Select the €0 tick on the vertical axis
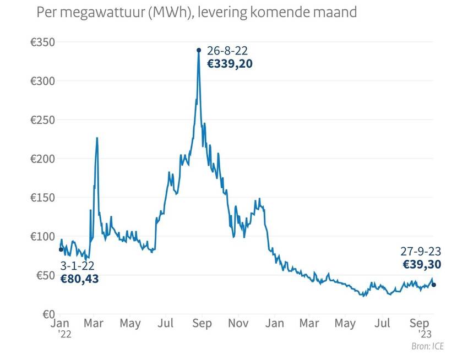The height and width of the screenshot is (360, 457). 46,314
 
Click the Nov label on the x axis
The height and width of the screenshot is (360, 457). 238,324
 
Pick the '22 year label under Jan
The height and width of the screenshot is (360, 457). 63,333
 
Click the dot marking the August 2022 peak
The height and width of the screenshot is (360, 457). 199,50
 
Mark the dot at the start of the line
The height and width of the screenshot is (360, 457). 61,249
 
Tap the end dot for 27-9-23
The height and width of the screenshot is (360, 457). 434,285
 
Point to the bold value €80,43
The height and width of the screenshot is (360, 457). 79,279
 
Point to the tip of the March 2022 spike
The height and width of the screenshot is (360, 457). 97,138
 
